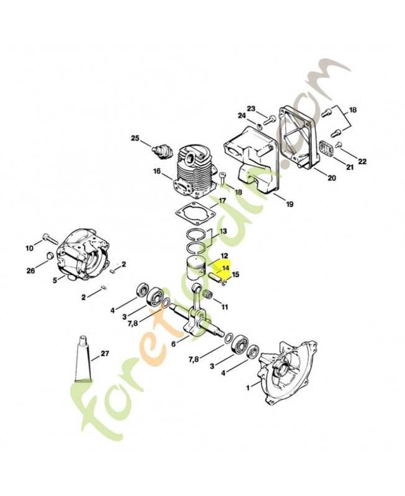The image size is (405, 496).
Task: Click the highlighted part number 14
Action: [225, 269]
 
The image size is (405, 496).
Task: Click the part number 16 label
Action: [157, 171]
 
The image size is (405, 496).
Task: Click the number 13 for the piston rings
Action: [222, 231]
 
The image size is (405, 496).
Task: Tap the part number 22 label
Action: [362, 161]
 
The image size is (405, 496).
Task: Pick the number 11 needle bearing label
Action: [224, 306]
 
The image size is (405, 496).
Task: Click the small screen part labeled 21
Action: [327, 151]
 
